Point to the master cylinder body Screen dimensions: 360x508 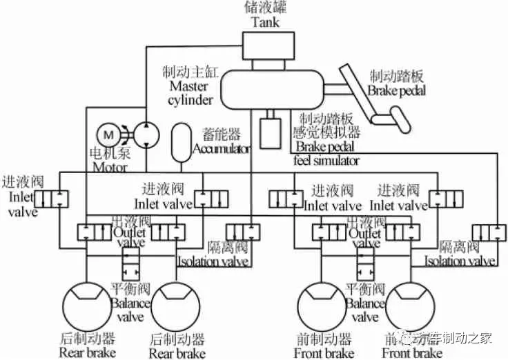pyautogui.click(x=273, y=88)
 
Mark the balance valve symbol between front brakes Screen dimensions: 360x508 pyautogui.click(x=365, y=263)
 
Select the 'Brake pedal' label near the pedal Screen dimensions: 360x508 pyautogui.click(x=396, y=90)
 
